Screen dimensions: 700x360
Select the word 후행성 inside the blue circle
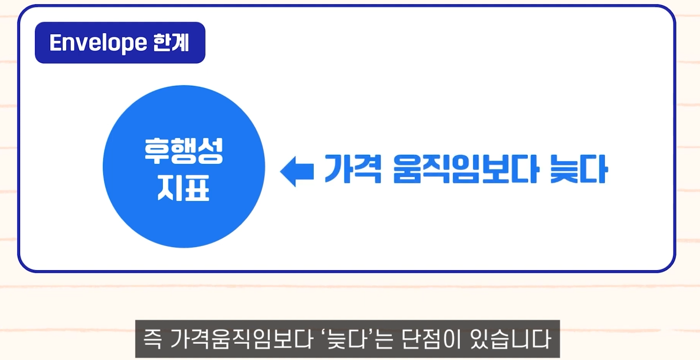184,151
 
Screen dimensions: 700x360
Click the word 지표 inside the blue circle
184,188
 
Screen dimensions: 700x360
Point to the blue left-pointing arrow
296,171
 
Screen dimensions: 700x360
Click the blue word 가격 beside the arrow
353,169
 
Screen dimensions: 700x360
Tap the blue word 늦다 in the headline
576,169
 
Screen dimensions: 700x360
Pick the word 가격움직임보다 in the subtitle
235,339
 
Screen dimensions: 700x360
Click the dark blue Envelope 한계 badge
120,43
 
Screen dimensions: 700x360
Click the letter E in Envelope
56,43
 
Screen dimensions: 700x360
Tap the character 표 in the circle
197,188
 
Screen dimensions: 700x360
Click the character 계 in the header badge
181,43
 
